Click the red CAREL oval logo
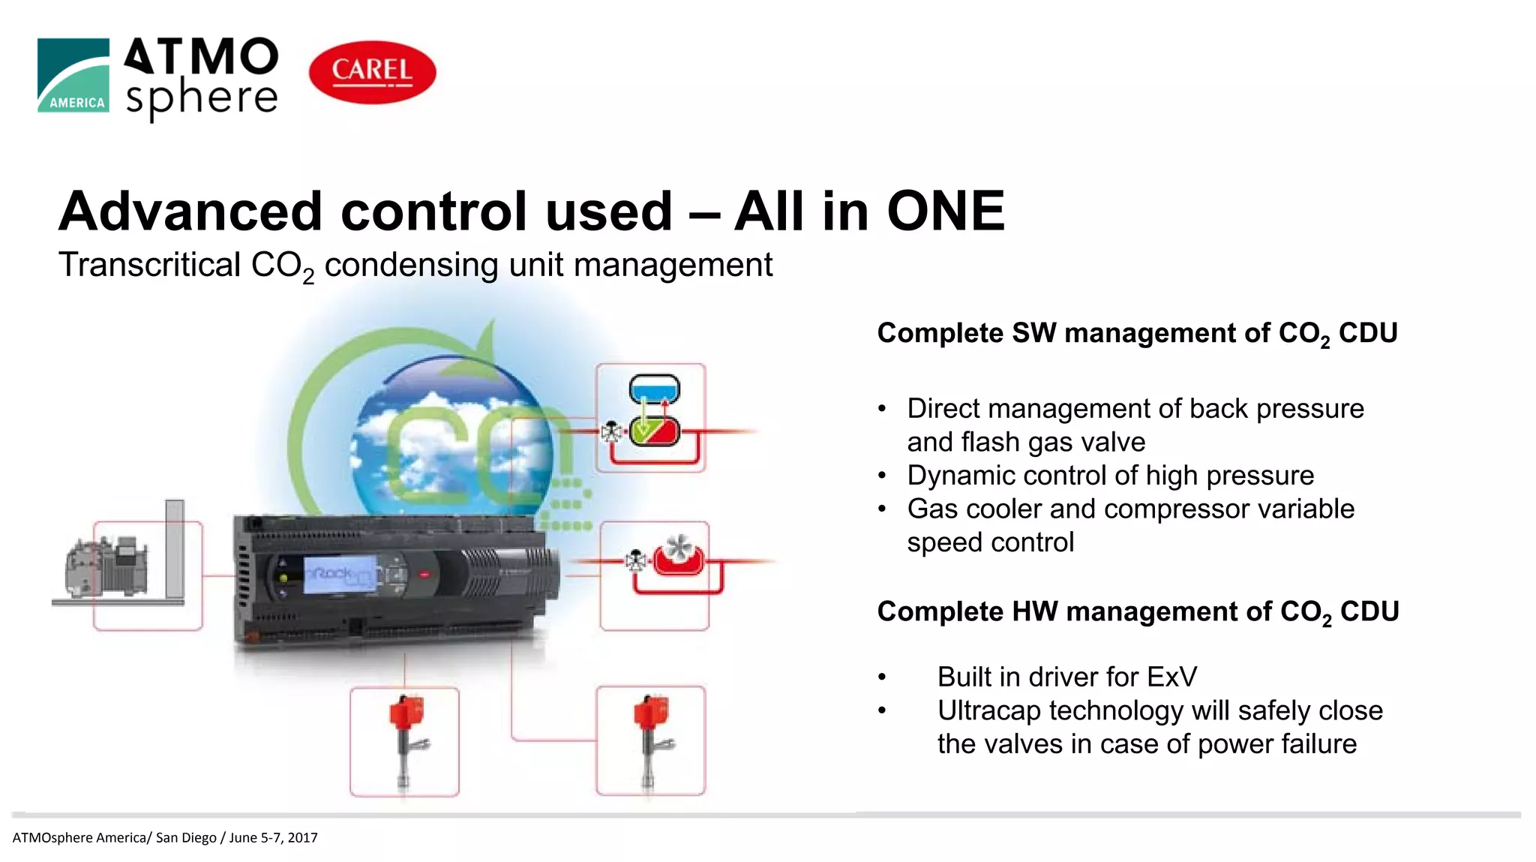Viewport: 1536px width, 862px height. click(372, 72)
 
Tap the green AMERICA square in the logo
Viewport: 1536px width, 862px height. click(73, 75)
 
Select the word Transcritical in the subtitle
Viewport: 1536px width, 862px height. click(149, 265)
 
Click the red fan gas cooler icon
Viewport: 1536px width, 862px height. click(678, 556)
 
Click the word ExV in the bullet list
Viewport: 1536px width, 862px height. click(1171, 677)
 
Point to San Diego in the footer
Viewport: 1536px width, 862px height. click(185, 837)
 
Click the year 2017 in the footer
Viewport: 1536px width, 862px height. click(302, 837)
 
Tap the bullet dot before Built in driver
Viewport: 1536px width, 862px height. click(882, 677)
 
